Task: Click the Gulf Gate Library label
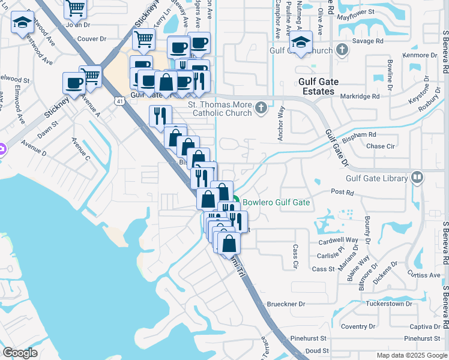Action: tap(376, 178)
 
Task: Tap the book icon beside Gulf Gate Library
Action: tap(417, 178)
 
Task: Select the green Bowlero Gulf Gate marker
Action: tap(237, 202)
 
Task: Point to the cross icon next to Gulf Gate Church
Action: tap(342, 50)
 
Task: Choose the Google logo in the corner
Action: tap(20, 353)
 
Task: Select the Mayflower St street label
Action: tap(355, 11)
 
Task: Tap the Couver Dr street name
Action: tap(91, 38)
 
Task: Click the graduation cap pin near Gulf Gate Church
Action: tap(301, 42)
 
